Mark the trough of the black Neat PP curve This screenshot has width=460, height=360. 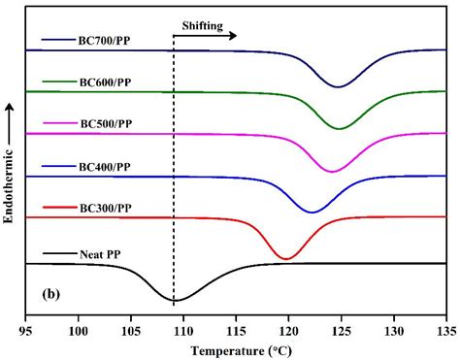[x=175, y=301]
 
